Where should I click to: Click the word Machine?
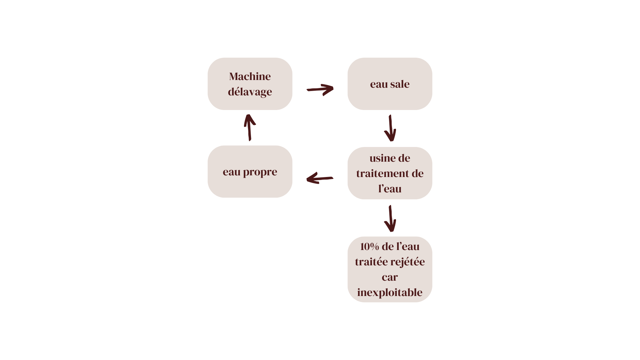coord(250,76)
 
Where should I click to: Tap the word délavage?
coord(250,92)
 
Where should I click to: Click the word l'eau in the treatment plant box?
coord(390,189)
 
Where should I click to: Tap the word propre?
coord(260,172)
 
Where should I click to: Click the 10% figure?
coord(369,247)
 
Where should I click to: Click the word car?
coord(390,277)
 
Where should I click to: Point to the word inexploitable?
coord(390,292)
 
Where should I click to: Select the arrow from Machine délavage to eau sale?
coord(320,89)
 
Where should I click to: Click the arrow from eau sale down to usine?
coord(390,128)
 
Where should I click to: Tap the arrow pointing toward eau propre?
coord(320,178)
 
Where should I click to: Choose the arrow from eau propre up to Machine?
coord(250,127)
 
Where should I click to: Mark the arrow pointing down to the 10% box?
coord(390,219)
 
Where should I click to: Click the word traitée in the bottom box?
coord(369,262)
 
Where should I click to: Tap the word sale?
coord(400,84)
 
